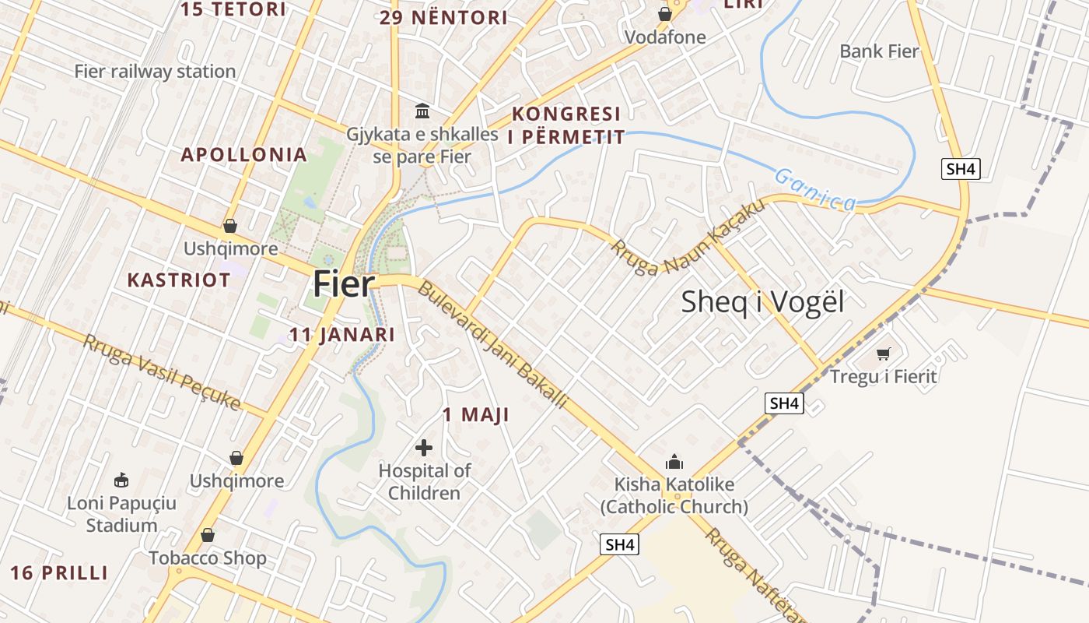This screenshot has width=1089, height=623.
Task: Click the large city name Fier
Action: (344, 284)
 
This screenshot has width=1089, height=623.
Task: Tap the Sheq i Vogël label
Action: (762, 302)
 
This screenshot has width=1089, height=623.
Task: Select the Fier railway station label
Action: (155, 72)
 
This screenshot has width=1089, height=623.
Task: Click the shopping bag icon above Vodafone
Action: (665, 14)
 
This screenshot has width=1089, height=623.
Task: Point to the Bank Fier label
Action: (879, 51)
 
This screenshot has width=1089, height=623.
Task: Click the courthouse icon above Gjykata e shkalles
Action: (422, 111)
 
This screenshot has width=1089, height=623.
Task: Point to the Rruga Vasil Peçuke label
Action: (162, 372)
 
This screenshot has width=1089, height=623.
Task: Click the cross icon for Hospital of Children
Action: (424, 448)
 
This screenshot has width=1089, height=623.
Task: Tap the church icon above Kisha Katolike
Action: (674, 462)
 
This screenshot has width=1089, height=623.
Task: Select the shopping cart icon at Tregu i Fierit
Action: (883, 354)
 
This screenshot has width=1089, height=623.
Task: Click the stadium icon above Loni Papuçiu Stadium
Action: (121, 480)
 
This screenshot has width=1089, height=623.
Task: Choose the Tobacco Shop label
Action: (208, 558)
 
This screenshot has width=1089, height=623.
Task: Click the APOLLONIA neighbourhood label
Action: (244, 154)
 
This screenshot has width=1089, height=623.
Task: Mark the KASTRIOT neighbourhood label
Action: (179, 280)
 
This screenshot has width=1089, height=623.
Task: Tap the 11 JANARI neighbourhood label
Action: (342, 335)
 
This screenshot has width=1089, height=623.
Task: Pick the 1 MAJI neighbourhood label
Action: (476, 415)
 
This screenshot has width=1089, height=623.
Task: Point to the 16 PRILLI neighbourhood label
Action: (59, 573)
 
